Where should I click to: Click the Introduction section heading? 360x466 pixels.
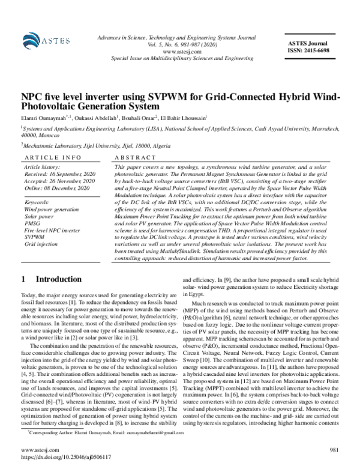click(x=55, y=279)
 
